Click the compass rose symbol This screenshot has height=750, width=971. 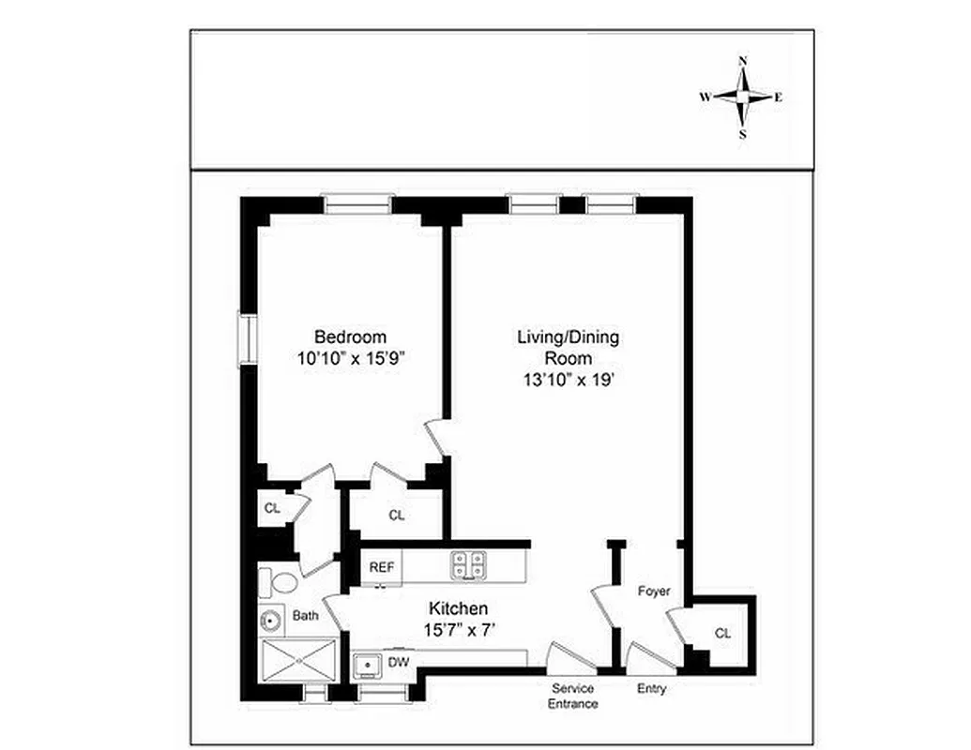point(742,97)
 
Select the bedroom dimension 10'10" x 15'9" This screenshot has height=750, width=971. point(350,357)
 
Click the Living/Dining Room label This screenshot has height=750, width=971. point(569,347)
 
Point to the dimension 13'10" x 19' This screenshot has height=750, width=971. point(569,380)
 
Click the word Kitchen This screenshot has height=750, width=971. point(458,608)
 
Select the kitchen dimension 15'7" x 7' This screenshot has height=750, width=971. point(458,629)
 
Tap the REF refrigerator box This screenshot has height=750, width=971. point(381,567)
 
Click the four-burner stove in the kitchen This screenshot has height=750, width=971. point(470,564)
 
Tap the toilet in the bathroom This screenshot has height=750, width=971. point(278,582)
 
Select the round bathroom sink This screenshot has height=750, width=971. point(273,620)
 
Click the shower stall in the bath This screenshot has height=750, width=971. point(298,662)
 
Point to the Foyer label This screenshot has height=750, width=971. point(654,592)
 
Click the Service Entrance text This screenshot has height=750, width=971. point(572,697)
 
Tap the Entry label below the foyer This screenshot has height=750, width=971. point(651,689)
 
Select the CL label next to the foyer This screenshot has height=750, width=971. point(721,633)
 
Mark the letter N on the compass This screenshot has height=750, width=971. point(743,61)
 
